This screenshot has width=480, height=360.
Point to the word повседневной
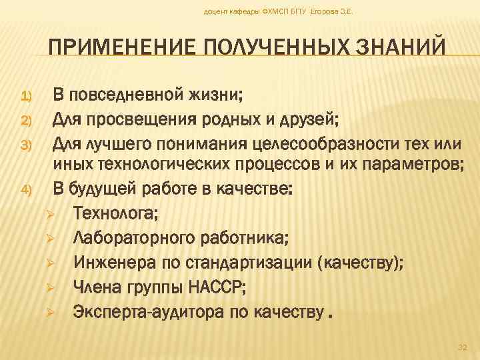pos(135,97)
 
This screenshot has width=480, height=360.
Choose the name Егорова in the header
pos(324,12)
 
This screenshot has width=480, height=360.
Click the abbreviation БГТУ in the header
pos(297,12)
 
